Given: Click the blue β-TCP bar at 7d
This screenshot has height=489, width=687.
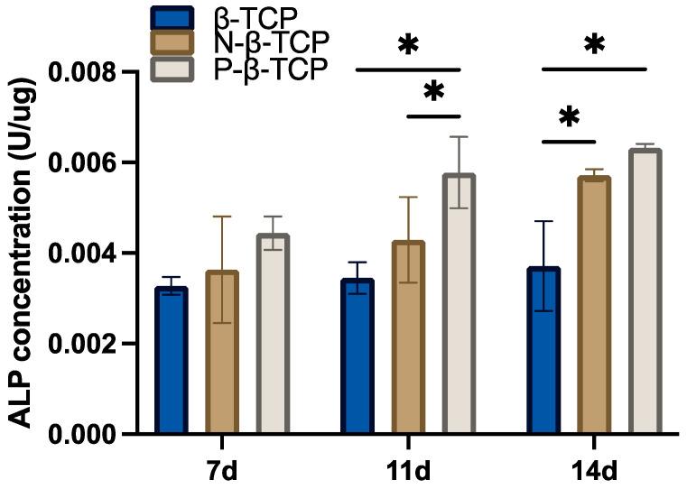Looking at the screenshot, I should (170, 361).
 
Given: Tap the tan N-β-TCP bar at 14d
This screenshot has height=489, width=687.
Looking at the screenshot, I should (595, 306).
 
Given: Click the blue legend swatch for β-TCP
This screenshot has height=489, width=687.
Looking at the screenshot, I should (171, 17).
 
